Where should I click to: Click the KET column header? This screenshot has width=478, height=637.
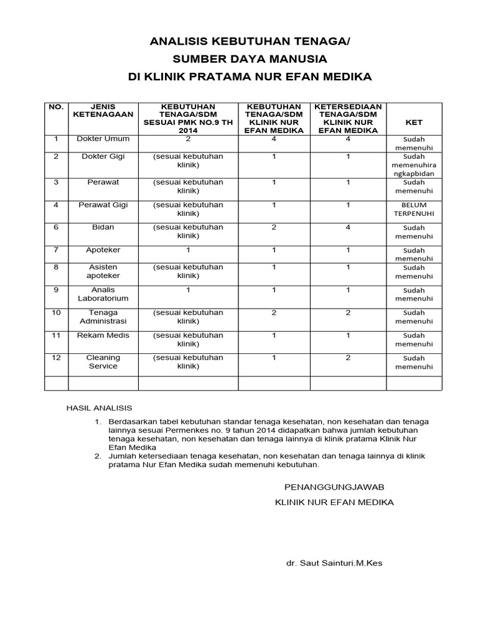tap(414, 123)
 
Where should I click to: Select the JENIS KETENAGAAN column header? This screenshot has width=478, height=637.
tap(103, 111)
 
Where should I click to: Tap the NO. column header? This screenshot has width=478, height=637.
tap(56, 107)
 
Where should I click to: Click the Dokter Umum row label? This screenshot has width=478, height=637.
tap(103, 139)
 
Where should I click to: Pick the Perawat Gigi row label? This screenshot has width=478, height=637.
tap(103, 205)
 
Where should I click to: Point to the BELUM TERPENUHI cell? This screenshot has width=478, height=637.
tap(414, 209)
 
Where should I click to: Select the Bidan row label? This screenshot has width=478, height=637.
tap(103, 227)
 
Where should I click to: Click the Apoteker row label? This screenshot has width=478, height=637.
tap(103, 249)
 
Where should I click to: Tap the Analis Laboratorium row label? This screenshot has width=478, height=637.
tap(103, 294)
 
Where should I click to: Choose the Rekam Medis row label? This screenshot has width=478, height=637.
tap(103, 335)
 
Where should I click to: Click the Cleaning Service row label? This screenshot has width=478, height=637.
tap(103, 362)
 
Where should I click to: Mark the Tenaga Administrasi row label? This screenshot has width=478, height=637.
tap(103, 317)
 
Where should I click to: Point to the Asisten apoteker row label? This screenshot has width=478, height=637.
tap(103, 271)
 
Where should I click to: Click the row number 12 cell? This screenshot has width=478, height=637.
tap(56, 358)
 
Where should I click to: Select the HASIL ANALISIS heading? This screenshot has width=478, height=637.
tap(100, 408)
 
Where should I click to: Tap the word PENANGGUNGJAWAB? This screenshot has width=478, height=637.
tap(334, 486)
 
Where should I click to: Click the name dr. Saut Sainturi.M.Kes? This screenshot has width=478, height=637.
tap(334, 563)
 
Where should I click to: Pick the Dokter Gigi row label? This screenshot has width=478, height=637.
tap(103, 156)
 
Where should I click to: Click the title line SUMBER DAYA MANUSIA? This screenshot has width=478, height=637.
tap(250, 59)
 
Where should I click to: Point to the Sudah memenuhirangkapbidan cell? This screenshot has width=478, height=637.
tap(414, 165)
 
